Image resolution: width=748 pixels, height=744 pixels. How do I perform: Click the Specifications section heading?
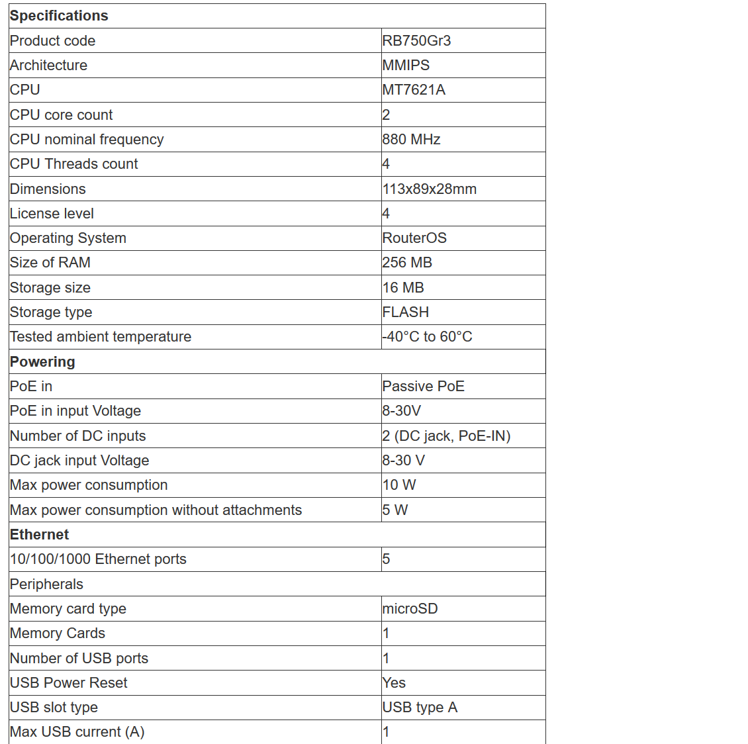[x=59, y=16]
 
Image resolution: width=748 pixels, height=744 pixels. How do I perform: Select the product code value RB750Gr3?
[x=416, y=41]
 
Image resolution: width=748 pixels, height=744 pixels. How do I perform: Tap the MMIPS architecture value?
[x=406, y=66]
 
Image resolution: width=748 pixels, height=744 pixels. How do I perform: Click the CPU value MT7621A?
[x=414, y=90]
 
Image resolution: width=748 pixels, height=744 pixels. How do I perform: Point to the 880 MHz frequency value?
[x=411, y=140]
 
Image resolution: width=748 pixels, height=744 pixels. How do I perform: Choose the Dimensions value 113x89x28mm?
[x=429, y=189]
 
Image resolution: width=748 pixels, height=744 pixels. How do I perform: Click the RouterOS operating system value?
[x=414, y=238]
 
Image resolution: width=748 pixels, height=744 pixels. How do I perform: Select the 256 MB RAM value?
[x=407, y=263]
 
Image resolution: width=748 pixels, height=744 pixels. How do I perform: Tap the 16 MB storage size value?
[x=403, y=288]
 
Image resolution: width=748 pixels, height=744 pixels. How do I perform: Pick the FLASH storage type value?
[x=405, y=312]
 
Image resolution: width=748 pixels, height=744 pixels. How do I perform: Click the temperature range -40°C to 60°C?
[x=428, y=337]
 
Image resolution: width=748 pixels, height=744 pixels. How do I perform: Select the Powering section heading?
[x=42, y=362]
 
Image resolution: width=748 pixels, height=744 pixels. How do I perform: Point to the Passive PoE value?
[x=423, y=387]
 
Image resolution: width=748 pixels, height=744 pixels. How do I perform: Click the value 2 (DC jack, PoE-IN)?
[x=446, y=436]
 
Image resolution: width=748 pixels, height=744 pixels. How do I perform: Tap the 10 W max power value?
[x=399, y=485]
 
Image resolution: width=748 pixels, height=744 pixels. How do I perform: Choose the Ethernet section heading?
[x=39, y=535]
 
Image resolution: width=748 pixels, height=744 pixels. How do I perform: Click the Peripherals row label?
[x=46, y=584]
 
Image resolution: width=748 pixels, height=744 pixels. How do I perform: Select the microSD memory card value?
[x=410, y=609]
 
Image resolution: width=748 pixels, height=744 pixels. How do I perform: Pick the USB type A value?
[x=420, y=708]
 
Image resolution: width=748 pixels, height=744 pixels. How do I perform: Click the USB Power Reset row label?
[x=69, y=683]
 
